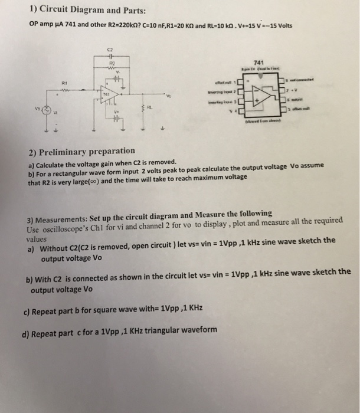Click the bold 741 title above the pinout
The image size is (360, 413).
click(x=257, y=61)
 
